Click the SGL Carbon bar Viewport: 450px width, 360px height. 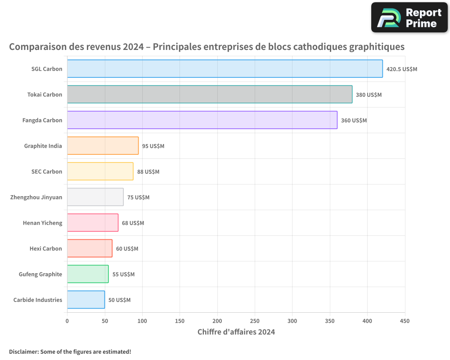[x=225, y=69]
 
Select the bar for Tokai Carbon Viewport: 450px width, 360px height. [x=210, y=94]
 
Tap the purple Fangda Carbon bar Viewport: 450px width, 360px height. [x=202, y=120]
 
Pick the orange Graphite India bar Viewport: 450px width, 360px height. [x=103, y=146]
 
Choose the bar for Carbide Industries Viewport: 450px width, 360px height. [x=86, y=300]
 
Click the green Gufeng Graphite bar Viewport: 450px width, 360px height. [x=88, y=274]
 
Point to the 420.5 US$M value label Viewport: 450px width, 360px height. [x=402, y=69]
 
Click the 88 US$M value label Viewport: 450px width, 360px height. [x=148, y=172]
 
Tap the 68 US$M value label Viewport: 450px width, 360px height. [x=133, y=223]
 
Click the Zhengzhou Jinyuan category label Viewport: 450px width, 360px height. [x=36, y=197]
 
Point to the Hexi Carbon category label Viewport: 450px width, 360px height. [x=46, y=248]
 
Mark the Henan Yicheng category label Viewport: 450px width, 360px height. [x=43, y=223]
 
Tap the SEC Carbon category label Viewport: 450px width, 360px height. [x=47, y=171]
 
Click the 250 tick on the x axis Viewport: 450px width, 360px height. [x=255, y=321]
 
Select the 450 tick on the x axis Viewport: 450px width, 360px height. [x=405, y=321]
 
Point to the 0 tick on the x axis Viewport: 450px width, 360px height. [x=67, y=321]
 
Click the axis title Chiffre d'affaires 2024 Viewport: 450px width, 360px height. [x=236, y=332]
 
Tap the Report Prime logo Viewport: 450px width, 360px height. [x=409, y=18]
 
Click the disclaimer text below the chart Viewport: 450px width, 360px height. [x=70, y=351]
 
